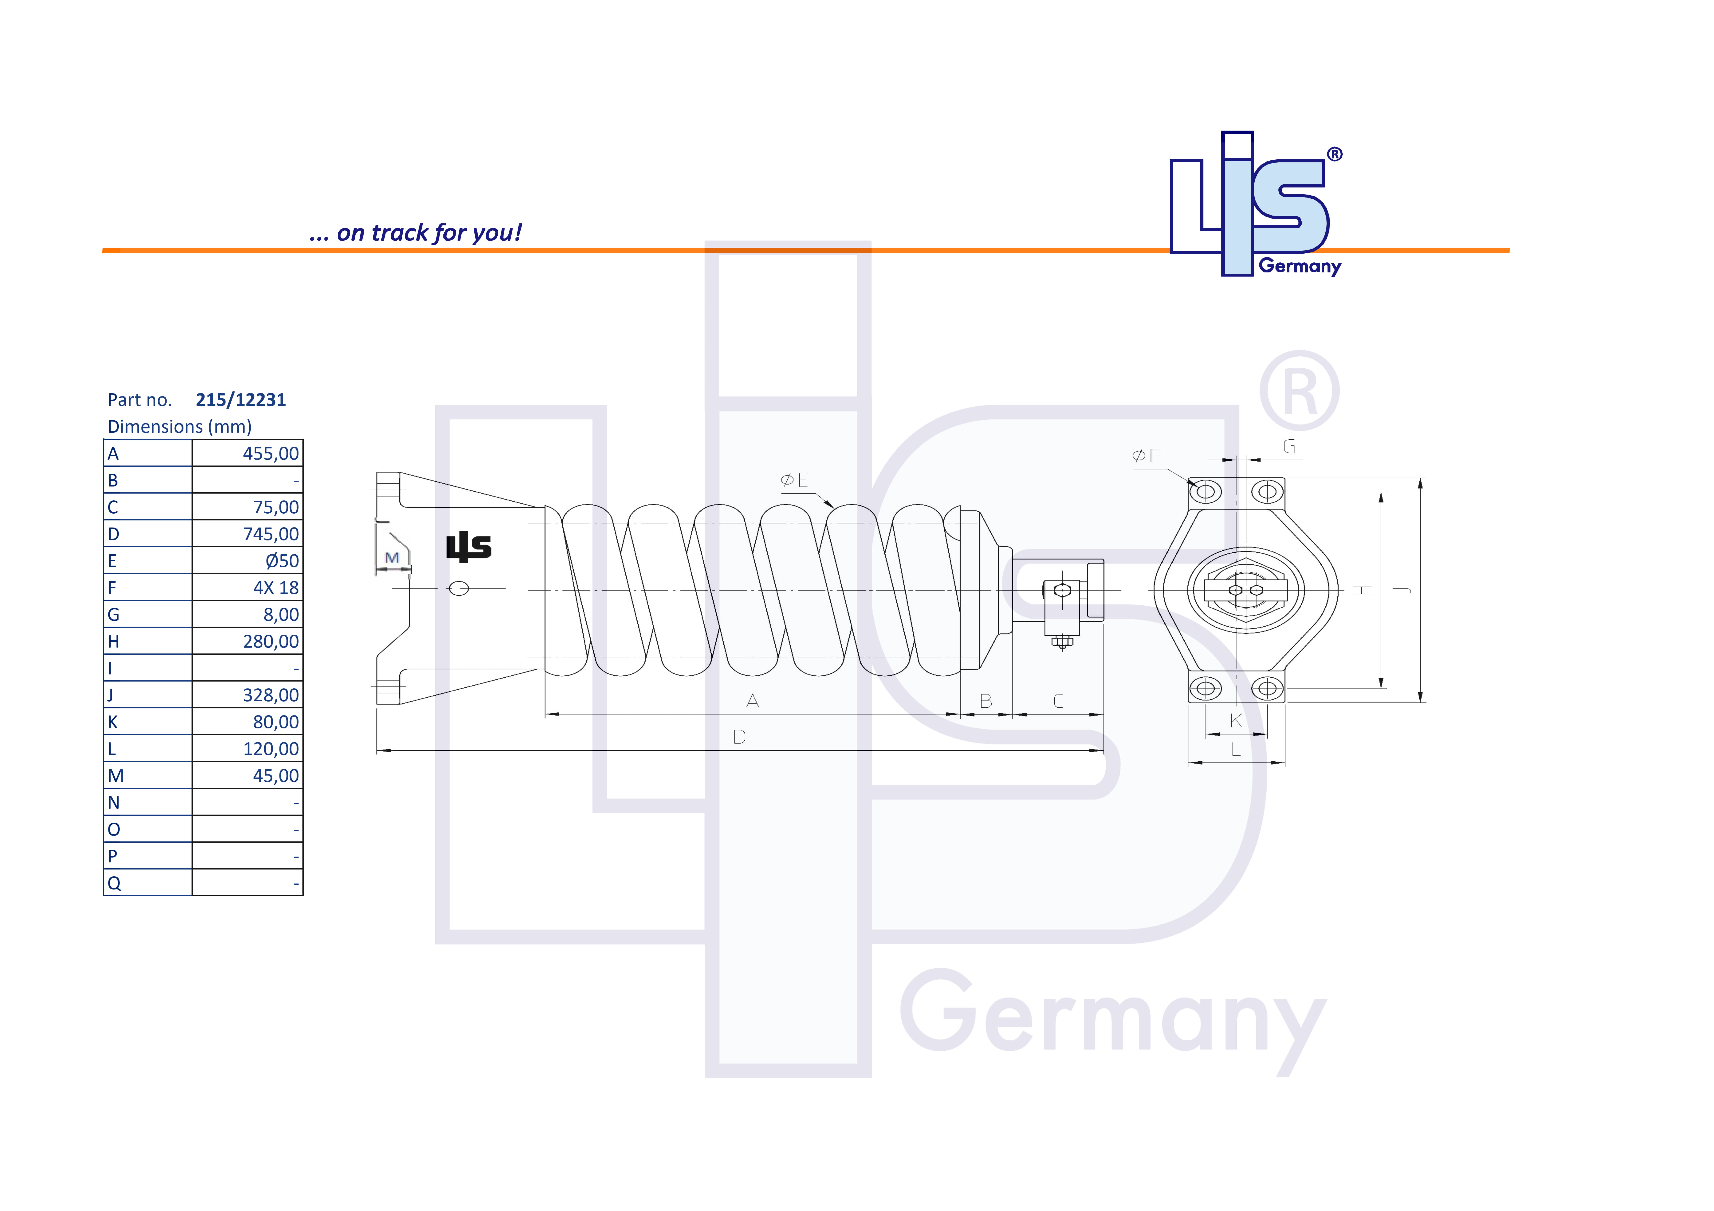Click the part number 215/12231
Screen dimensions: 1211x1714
pos(240,400)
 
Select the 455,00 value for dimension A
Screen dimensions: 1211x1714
pos(270,454)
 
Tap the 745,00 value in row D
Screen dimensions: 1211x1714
pos(270,534)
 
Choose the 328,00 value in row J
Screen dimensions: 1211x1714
pos(270,695)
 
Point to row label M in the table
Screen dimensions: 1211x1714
pos(116,776)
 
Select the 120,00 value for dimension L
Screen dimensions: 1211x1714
pos(270,749)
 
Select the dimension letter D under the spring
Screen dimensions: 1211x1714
pos(739,737)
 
